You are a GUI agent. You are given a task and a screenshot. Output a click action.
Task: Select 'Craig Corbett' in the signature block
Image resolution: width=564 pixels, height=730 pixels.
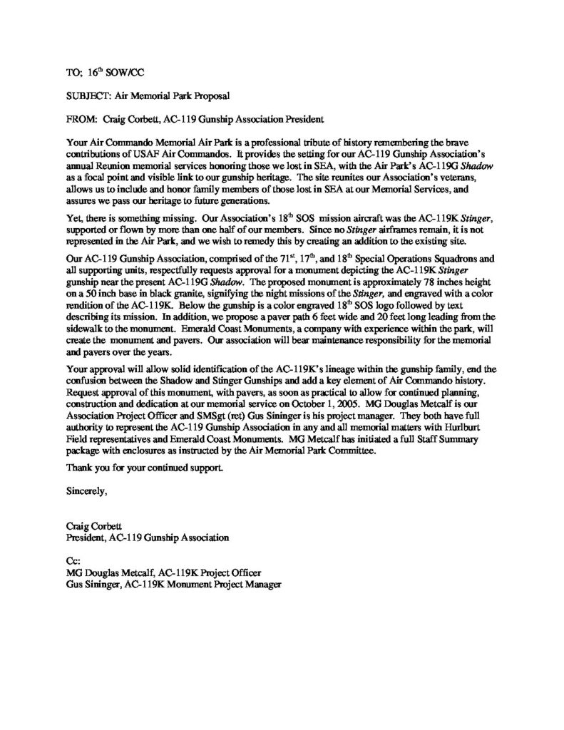91,525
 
